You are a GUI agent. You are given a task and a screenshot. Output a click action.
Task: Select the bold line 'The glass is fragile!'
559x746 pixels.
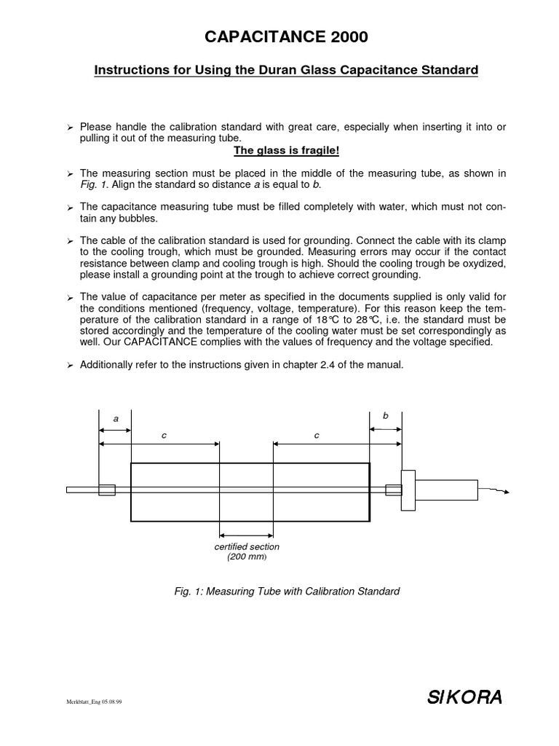pyautogui.click(x=286, y=151)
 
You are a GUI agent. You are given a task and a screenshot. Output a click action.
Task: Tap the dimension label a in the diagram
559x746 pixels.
pyautogui.click(x=115, y=419)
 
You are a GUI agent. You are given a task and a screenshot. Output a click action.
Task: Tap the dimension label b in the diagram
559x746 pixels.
pyautogui.click(x=386, y=415)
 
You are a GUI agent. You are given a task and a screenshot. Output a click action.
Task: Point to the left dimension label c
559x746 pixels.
pyautogui.click(x=164, y=435)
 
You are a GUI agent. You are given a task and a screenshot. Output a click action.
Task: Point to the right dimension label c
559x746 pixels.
pyautogui.click(x=317, y=435)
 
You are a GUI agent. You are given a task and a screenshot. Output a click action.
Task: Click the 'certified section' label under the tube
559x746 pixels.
pyautogui.click(x=247, y=546)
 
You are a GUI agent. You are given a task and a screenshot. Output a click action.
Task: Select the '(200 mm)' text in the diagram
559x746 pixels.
pyautogui.click(x=247, y=557)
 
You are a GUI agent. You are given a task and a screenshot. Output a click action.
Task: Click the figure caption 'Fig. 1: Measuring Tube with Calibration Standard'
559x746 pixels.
pyautogui.click(x=286, y=592)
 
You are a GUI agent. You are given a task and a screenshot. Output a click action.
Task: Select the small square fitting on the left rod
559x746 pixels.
pyautogui.click(x=106, y=490)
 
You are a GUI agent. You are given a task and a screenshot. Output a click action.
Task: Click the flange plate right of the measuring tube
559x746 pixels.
pyautogui.click(x=408, y=490)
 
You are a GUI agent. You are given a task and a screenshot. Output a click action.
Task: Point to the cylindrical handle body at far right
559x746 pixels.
pyautogui.click(x=446, y=490)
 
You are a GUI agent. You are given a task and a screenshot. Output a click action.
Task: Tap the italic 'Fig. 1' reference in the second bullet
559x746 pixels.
pyautogui.click(x=91, y=184)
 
